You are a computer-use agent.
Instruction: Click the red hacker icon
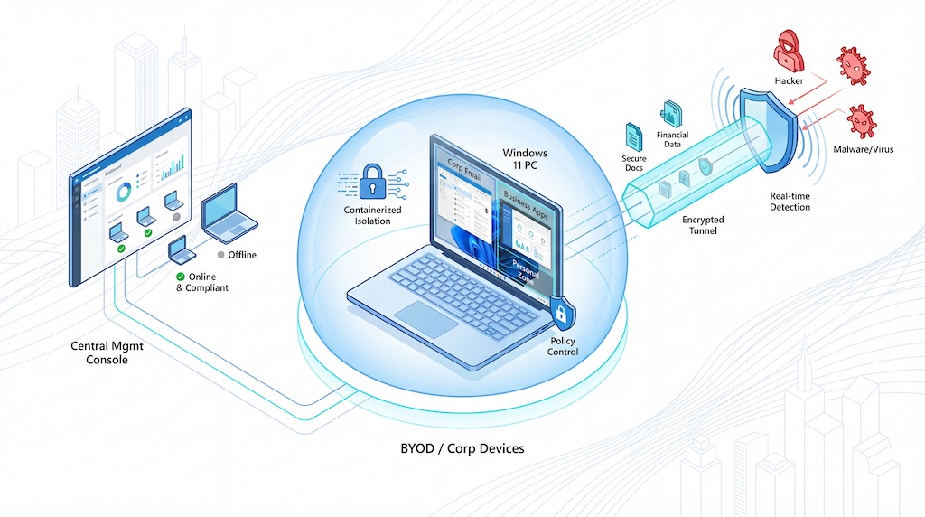coord(789,53)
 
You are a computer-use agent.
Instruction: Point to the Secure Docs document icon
coord(632,136)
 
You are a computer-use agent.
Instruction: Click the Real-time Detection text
coord(790,202)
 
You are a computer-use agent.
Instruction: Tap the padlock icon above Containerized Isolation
coord(371,180)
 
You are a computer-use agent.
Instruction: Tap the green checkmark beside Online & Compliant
coord(180,277)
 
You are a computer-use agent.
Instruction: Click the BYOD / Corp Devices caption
coord(462,448)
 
